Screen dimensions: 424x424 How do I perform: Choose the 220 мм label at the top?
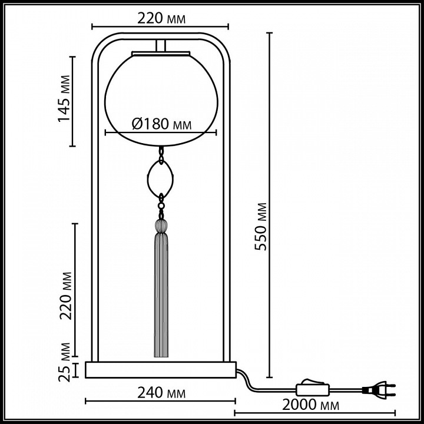(160, 19)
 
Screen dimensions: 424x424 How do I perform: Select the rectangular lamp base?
(160, 370)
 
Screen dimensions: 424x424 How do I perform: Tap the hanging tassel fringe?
(160, 294)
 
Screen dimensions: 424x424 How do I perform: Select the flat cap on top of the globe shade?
(160, 53)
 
